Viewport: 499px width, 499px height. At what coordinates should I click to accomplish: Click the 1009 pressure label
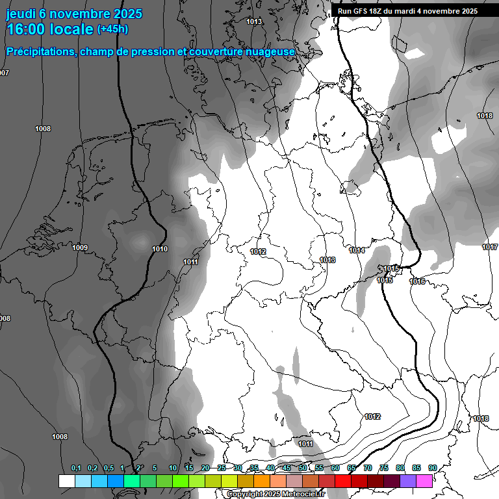[80, 248]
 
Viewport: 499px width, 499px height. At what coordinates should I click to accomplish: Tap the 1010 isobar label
[160, 249]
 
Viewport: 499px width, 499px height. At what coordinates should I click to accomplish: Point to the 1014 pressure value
[357, 250]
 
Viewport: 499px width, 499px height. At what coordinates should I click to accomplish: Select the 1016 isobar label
[417, 281]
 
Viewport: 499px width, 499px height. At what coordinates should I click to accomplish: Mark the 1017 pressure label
[490, 248]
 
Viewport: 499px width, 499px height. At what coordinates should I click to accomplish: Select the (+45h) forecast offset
[112, 29]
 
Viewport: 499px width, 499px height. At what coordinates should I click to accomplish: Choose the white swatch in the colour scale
[66, 481]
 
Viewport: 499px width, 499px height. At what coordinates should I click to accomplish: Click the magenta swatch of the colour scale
[424, 481]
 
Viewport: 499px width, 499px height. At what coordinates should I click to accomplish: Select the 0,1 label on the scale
[76, 468]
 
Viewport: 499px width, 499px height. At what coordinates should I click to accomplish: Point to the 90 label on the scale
[432, 468]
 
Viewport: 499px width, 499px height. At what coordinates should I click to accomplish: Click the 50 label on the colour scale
[303, 468]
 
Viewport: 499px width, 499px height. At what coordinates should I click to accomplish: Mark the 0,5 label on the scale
[109, 468]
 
